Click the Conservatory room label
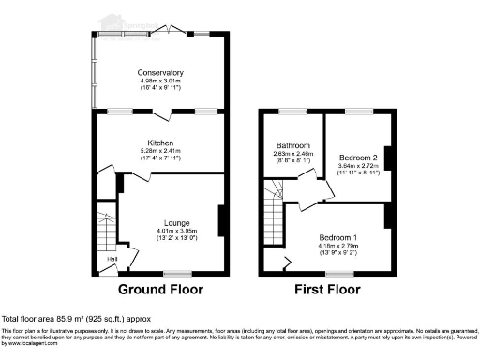coord(159,73)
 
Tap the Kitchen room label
coord(159,142)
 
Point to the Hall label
coord(112,259)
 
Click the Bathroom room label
coord(292,145)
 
